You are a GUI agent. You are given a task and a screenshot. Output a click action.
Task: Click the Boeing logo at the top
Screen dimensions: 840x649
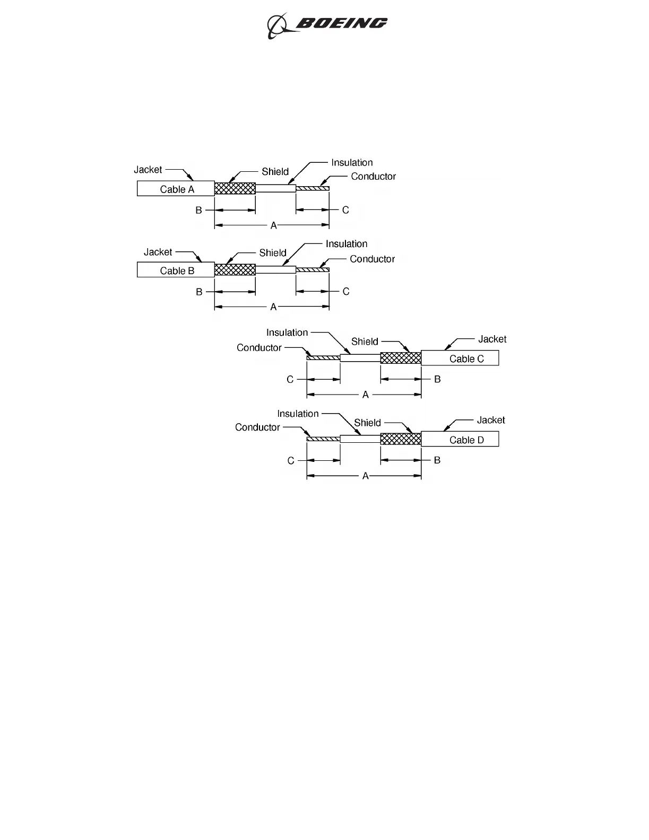click(x=327, y=25)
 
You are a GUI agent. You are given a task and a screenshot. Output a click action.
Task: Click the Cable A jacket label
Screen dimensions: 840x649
click(x=177, y=189)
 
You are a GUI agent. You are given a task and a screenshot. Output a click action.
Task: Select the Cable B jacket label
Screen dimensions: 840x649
click(x=177, y=270)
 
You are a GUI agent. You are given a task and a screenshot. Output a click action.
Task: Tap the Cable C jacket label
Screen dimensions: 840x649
click(x=466, y=359)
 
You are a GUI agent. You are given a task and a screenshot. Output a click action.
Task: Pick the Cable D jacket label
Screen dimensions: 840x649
click(x=466, y=440)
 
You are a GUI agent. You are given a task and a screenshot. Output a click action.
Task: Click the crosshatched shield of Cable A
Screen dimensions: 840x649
click(x=235, y=188)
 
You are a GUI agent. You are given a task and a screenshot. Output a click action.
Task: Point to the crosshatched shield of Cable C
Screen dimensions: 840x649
click(x=401, y=358)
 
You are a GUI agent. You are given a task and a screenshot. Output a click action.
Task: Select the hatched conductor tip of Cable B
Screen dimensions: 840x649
click(x=313, y=270)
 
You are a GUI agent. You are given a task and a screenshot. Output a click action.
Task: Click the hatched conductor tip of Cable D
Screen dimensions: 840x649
click(x=323, y=439)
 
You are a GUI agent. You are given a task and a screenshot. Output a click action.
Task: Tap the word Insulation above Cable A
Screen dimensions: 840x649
click(x=352, y=163)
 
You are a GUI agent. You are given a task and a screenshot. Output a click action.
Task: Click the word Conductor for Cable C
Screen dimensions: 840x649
click(x=259, y=348)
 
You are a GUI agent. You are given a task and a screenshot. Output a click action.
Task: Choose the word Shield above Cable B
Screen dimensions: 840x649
click(x=273, y=253)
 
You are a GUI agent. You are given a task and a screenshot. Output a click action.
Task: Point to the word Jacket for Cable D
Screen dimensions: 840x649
click(x=491, y=420)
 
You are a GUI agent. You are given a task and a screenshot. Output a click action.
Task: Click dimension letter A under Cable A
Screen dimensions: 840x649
click(x=274, y=226)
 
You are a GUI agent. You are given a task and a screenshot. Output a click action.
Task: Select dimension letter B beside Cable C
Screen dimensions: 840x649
click(x=437, y=379)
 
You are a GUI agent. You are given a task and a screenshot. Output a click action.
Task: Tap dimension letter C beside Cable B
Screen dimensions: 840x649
click(x=346, y=291)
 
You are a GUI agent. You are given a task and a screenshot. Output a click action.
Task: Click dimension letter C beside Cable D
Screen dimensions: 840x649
click(x=291, y=460)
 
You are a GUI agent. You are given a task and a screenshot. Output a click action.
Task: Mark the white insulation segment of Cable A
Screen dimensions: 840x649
click(x=275, y=188)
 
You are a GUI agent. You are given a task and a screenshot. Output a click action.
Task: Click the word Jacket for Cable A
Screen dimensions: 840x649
click(x=148, y=170)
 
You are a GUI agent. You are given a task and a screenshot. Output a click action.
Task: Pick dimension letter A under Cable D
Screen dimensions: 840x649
click(x=366, y=476)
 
